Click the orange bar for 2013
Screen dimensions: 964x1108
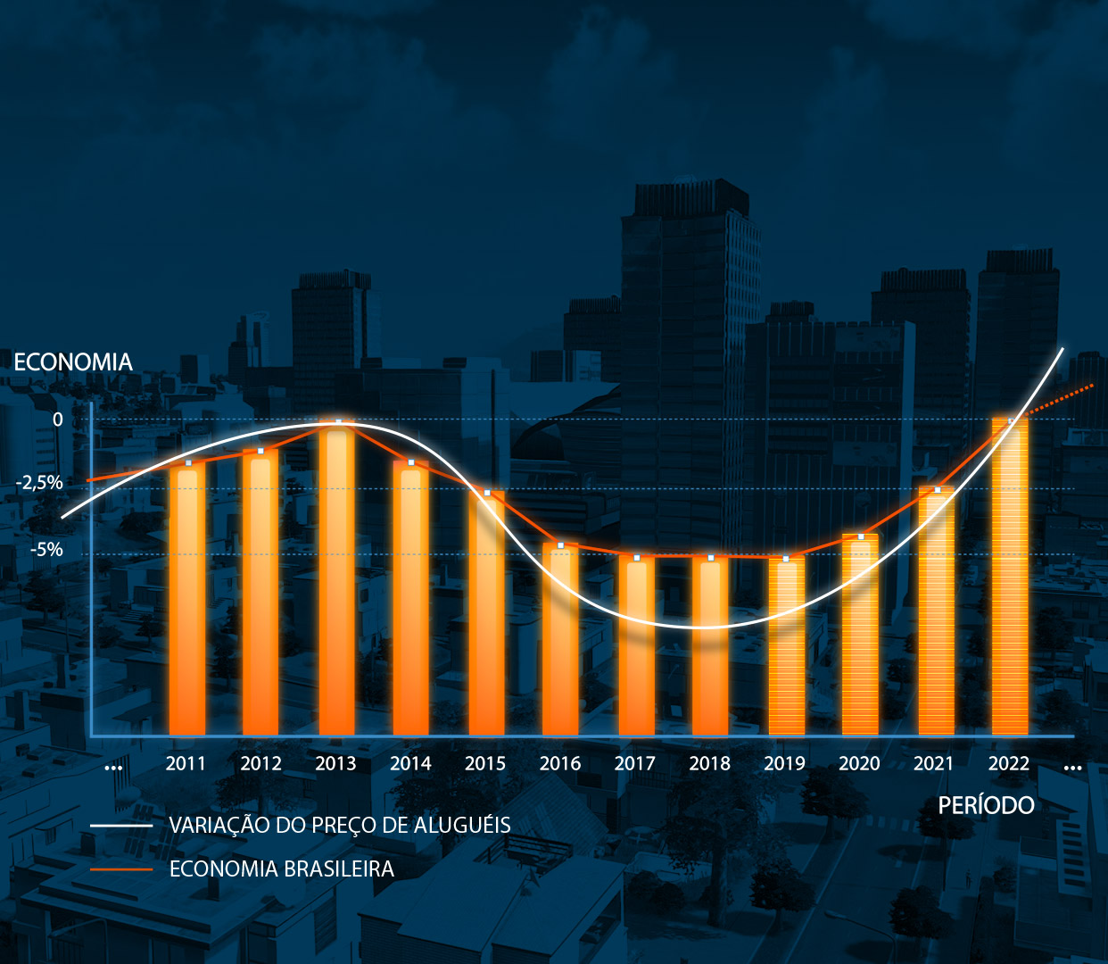(x=336, y=580)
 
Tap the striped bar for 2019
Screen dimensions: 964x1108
(x=786, y=647)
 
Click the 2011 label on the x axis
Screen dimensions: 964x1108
(x=186, y=763)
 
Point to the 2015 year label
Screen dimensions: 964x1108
(x=485, y=763)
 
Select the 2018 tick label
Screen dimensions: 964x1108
(x=709, y=763)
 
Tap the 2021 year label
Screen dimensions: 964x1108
(x=934, y=763)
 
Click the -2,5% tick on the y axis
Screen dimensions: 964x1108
(x=40, y=483)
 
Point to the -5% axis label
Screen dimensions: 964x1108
(x=46, y=549)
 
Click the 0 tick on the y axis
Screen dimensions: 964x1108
(x=58, y=420)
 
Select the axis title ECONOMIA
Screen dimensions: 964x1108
(x=73, y=361)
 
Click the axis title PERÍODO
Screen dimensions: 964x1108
(x=986, y=805)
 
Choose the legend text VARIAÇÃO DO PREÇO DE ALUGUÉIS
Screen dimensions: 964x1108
(x=340, y=825)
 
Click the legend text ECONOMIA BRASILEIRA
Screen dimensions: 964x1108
(x=282, y=868)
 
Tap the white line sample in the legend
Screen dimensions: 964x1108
(x=121, y=826)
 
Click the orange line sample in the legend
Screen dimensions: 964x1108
(x=121, y=869)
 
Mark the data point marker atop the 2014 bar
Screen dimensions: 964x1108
(x=411, y=462)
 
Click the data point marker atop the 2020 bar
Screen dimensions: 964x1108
(x=861, y=536)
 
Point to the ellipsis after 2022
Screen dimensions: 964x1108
(x=1072, y=768)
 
